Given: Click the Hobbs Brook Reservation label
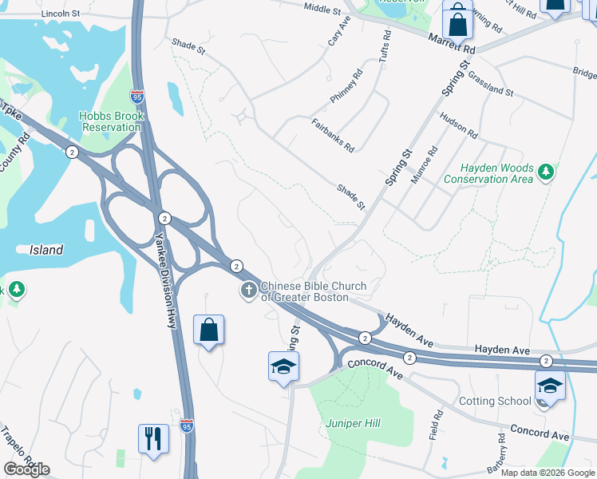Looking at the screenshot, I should [x=111, y=121].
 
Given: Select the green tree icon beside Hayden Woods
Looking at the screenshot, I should [x=546, y=172].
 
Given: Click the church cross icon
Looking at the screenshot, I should [x=249, y=291].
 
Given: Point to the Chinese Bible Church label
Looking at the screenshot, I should [x=314, y=291].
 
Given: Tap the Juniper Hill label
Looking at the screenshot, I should [x=349, y=422].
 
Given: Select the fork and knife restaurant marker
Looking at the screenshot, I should [x=153, y=438].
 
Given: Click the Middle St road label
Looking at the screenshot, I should [x=323, y=8].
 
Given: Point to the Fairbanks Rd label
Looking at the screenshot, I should [x=333, y=135].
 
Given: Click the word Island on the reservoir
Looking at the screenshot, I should [x=46, y=250].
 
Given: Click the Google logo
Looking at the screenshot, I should [x=26, y=469].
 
